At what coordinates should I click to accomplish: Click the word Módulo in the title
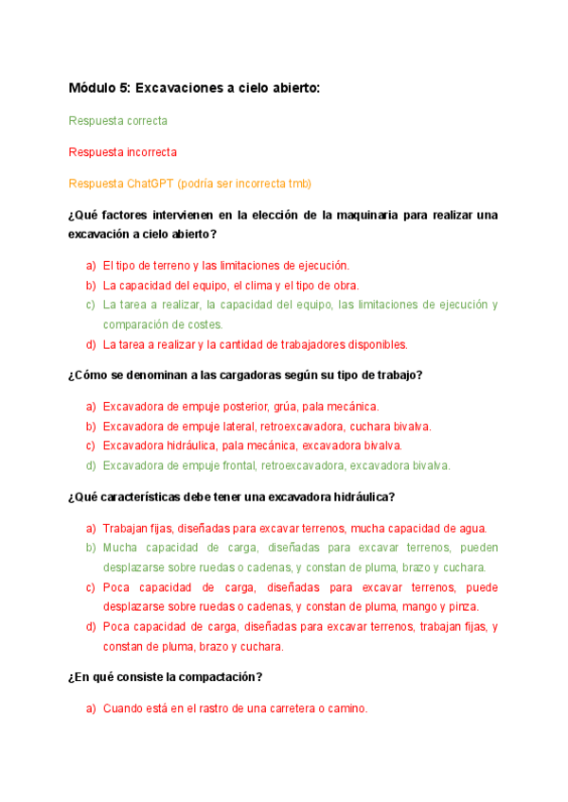tap(92, 88)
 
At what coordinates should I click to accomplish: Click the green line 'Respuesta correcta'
tap(118, 121)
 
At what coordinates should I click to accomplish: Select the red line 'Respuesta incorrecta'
tap(123, 151)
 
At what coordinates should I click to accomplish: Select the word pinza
tap(461, 606)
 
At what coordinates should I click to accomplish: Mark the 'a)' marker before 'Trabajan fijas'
tap(91, 529)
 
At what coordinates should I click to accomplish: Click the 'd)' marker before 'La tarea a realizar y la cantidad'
tap(91, 344)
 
